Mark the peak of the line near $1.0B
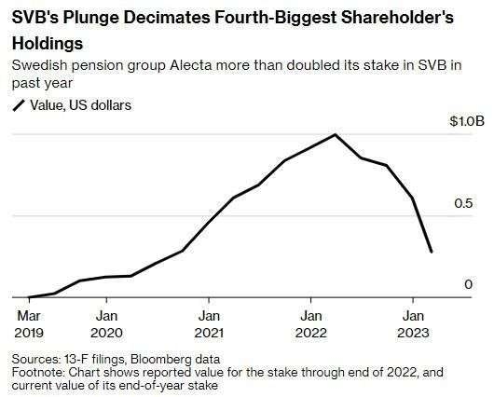pyautogui.click(x=336, y=134)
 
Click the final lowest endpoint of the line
pyautogui.click(x=431, y=252)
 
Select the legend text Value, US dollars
pyautogui.click(x=80, y=105)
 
